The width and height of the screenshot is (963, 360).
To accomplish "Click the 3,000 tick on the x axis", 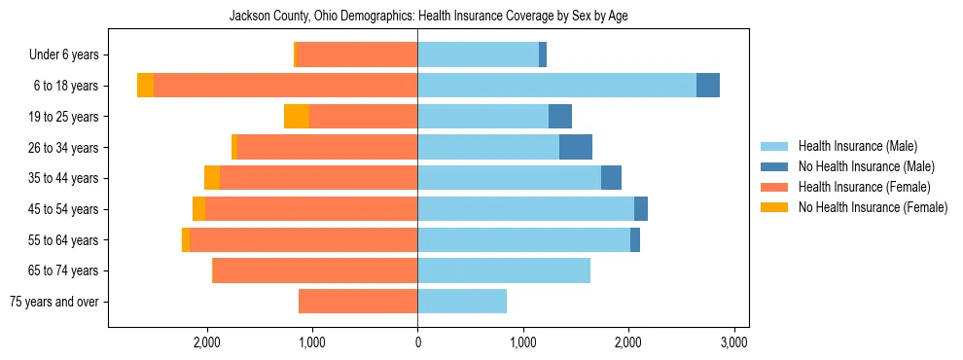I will [x=733, y=342].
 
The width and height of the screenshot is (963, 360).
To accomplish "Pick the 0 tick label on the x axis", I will [x=417, y=342].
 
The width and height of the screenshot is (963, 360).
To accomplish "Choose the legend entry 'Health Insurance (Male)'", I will [x=857, y=146].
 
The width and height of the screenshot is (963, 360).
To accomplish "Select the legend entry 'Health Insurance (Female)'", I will [x=864, y=187].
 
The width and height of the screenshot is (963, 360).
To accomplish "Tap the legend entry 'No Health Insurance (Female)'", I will [x=873, y=207].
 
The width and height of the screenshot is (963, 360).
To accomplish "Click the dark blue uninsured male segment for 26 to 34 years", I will [x=576, y=147].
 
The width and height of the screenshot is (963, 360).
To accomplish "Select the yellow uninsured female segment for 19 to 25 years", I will [x=297, y=116].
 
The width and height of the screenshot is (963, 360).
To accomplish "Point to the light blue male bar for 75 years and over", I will [x=462, y=302].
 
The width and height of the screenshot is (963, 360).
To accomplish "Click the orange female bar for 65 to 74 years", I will [x=315, y=270].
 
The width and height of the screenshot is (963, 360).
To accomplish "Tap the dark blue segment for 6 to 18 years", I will [x=708, y=86].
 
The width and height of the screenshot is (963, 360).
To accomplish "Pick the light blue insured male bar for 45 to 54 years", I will [x=525, y=209].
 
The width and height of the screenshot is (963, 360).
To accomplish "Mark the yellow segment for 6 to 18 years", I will [x=145, y=86].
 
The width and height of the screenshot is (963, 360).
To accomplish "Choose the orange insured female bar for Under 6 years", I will [x=357, y=54].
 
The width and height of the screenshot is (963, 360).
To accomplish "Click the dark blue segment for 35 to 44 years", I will [x=611, y=178].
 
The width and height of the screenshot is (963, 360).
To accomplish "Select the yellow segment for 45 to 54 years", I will [x=198, y=209].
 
